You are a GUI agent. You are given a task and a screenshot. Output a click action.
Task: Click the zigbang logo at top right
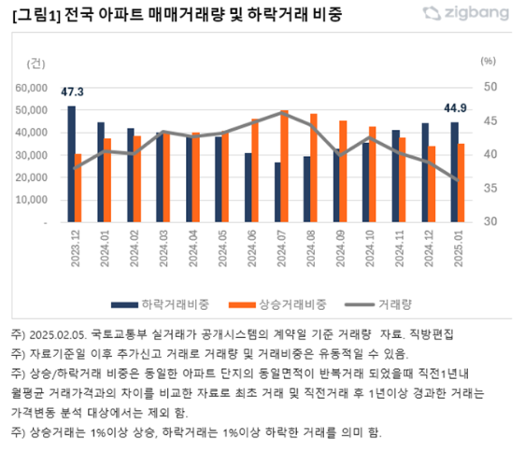467,12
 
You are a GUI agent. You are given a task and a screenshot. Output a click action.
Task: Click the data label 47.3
72,92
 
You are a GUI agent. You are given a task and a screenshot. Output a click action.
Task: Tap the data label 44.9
455,107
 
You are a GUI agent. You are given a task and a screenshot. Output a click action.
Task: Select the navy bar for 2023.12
72,164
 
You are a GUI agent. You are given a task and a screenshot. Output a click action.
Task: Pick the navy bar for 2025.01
455,173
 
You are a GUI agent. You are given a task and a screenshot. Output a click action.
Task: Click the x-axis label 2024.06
251,248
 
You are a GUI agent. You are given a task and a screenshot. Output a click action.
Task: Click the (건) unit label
35,63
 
